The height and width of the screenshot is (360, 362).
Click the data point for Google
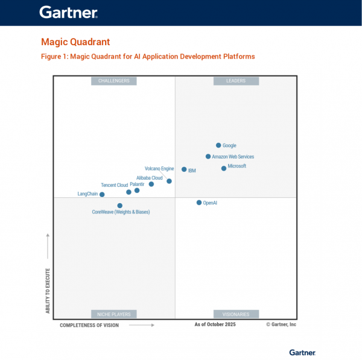pyautogui.click(x=218, y=145)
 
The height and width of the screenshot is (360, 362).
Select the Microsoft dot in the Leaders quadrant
pyautogui.click(x=224, y=168)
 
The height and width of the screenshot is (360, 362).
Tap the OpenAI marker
pyautogui.click(x=199, y=203)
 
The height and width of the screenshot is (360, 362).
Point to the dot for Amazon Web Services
pyautogui.click(x=208, y=156)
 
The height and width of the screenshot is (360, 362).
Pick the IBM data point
pyautogui.click(x=184, y=169)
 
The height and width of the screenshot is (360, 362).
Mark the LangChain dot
pyautogui.click(x=102, y=195)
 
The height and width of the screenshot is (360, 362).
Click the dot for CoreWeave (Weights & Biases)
pyautogui.click(x=119, y=206)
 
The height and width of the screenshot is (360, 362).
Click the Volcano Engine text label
pyautogui.click(x=159, y=169)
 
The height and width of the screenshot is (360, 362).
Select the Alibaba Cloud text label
pyautogui.click(x=149, y=178)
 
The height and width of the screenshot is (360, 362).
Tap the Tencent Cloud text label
pyautogui.click(x=114, y=185)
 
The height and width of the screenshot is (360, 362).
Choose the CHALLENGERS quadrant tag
pyautogui.click(x=114, y=81)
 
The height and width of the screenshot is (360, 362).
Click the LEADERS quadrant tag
pyautogui.click(x=236, y=81)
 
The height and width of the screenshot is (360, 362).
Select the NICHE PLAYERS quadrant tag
pyautogui.click(x=114, y=314)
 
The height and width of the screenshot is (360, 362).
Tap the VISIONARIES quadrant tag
pyautogui.click(x=236, y=314)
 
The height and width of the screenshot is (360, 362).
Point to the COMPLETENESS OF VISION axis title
pyautogui.click(x=89, y=325)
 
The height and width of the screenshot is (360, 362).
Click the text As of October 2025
pyautogui.click(x=215, y=324)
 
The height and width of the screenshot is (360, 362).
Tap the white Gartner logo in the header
pyautogui.click(x=68, y=12)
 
